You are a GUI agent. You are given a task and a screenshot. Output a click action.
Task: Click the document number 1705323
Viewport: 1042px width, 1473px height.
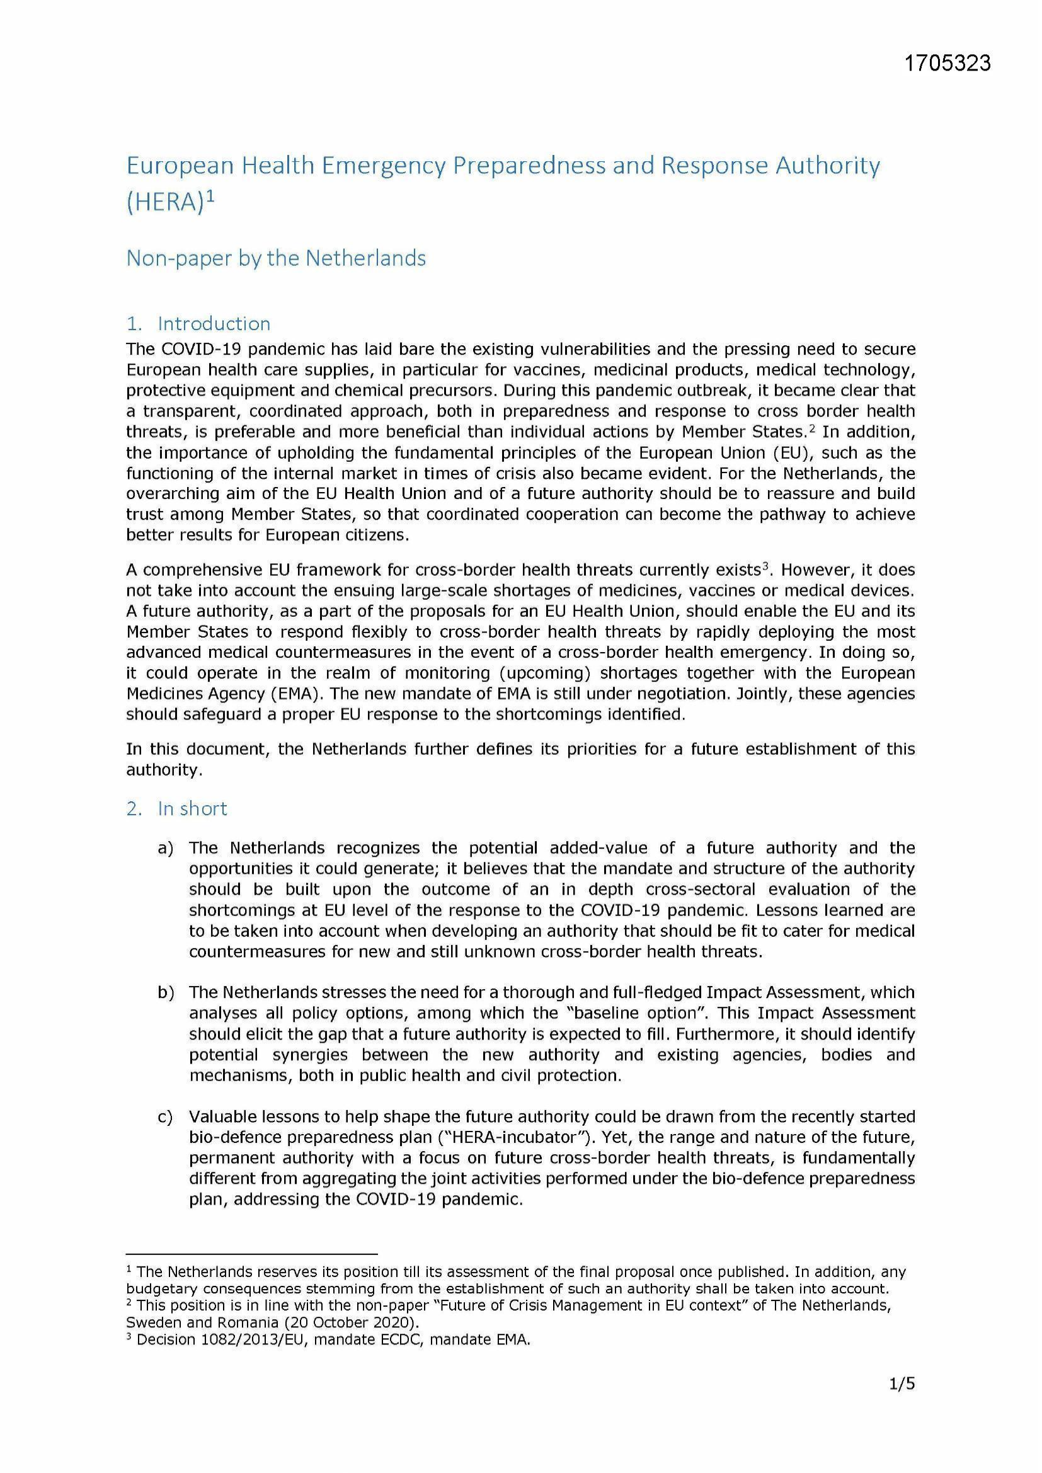pos(948,63)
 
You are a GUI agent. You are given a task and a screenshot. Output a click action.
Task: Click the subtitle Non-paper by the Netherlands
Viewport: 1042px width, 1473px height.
pos(276,258)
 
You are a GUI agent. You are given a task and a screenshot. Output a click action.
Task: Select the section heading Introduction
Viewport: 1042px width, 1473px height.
pos(214,323)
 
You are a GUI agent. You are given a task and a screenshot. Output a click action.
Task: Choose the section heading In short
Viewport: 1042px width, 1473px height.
pos(192,808)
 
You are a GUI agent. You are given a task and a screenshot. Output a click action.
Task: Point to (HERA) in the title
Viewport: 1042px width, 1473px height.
pos(165,203)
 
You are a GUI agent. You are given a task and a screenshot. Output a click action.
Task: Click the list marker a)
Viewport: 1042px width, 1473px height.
pos(166,848)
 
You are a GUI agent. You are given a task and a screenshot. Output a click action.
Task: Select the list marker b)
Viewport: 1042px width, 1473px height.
pos(166,992)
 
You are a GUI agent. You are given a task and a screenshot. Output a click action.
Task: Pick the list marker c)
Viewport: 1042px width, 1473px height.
pos(165,1117)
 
